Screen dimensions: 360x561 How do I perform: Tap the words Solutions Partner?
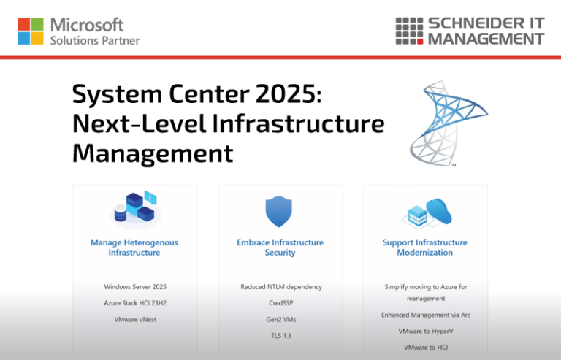pos(94,40)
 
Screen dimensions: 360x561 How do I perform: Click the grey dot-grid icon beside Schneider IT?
pos(409,31)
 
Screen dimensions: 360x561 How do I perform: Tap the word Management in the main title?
pos(153,153)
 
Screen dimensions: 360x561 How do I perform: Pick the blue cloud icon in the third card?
pos(440,210)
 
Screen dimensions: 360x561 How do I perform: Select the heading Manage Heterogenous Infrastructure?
pos(134,248)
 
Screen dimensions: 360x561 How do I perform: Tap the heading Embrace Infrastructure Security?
pos(280,248)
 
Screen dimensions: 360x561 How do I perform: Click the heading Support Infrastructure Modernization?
pos(424,248)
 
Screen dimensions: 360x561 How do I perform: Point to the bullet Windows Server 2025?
pos(135,287)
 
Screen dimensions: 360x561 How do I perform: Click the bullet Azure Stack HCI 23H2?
pos(135,302)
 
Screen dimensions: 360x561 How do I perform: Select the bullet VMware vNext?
pos(135,319)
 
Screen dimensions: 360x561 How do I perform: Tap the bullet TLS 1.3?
pos(280,335)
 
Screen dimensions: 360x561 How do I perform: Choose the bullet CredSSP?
pos(280,302)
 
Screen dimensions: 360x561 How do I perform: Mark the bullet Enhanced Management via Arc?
pos(424,315)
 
